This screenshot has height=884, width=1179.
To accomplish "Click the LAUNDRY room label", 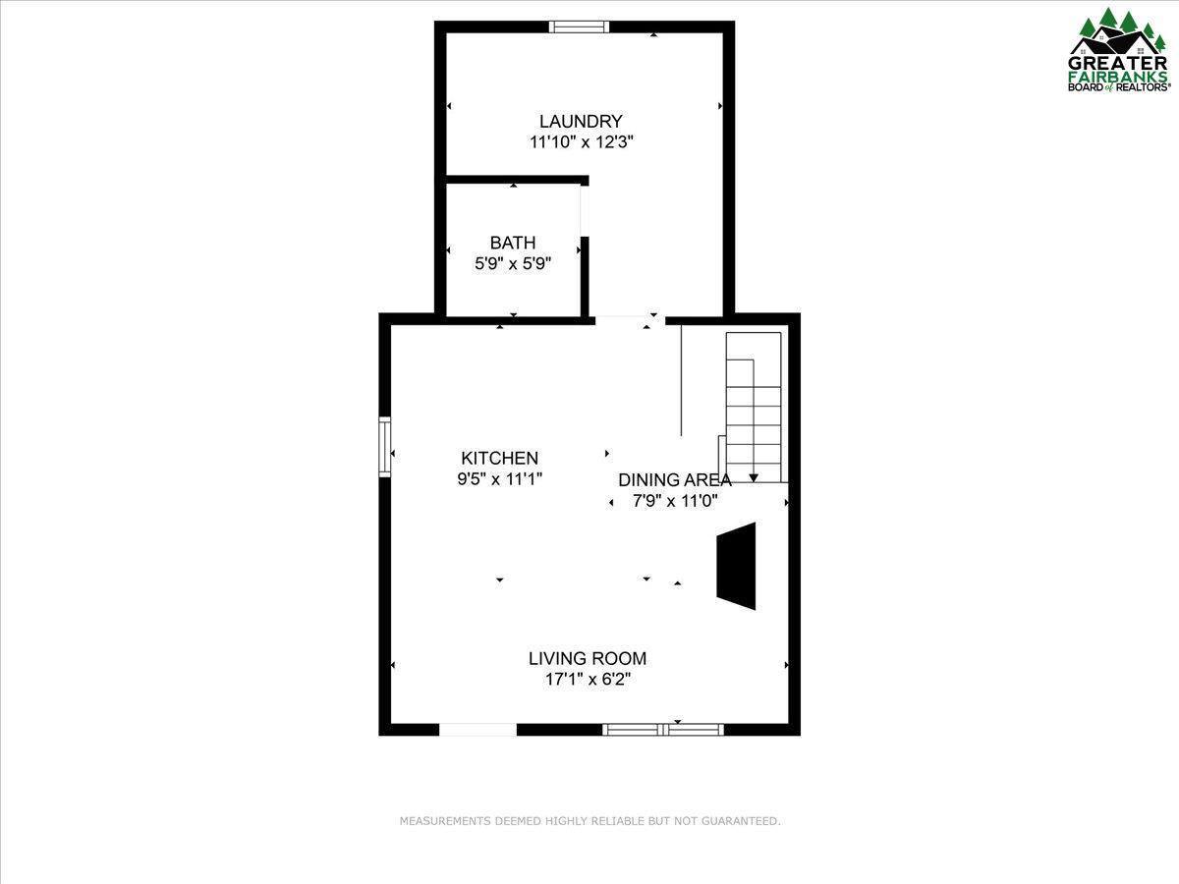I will (581, 121).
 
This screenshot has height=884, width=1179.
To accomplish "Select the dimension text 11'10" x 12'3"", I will (581, 141).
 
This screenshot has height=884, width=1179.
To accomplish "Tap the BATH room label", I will (513, 243).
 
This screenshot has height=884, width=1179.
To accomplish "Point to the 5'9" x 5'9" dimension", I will (513, 263).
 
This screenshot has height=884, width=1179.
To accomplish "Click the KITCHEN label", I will (500, 458).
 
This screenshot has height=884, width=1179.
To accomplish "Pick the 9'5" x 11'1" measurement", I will (500, 478).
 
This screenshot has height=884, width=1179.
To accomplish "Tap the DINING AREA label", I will (674, 479).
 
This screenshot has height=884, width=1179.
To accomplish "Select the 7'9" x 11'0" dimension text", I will (674, 500).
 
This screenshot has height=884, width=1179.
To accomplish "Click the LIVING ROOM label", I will (588, 658).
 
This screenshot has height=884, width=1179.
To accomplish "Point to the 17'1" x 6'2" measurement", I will (588, 679).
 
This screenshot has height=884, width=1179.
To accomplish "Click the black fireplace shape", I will (737, 567).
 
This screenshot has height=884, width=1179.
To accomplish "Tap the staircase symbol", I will (754, 403).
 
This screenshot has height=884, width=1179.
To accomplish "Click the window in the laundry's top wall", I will (580, 27).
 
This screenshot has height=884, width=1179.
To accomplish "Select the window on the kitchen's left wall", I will (385, 447).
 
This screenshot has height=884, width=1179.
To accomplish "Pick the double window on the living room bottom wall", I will (663, 729).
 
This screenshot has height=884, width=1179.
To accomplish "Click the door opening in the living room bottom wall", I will (477, 729).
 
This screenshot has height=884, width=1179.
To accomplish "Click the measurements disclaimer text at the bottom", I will (589, 820).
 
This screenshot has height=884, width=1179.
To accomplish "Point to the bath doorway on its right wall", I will (584, 210).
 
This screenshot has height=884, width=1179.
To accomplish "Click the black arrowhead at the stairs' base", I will (754, 477).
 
